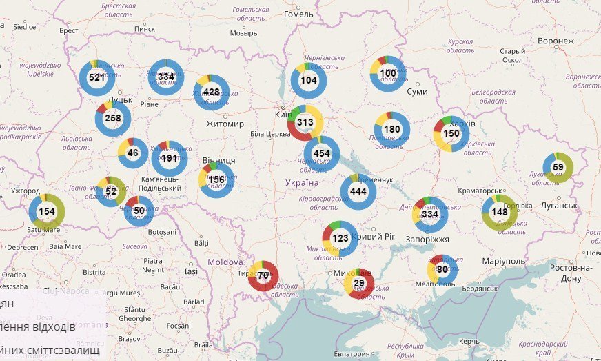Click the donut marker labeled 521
point(96,77)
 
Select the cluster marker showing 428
point(211,92)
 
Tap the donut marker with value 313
point(305,122)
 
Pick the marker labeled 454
point(321,153)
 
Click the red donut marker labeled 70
point(263,275)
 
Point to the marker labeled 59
point(558,167)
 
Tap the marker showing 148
point(499,212)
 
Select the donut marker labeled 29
point(359,284)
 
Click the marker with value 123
point(340,238)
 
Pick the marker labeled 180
point(391,129)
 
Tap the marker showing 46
point(133,153)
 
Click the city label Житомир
point(225,124)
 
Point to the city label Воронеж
point(556,41)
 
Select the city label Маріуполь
point(503,262)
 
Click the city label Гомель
point(298,14)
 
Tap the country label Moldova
point(225,262)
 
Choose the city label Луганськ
point(553,206)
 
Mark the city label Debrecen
point(23,246)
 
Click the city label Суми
point(417,91)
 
